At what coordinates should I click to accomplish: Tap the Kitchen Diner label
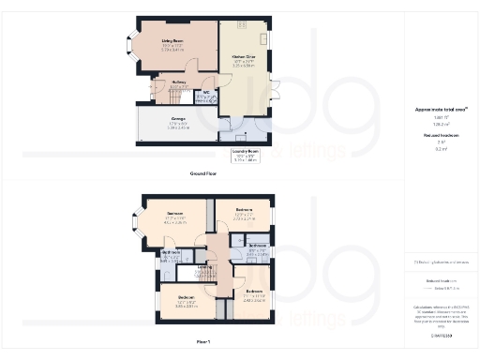point(246,56)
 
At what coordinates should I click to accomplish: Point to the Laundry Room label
point(247,155)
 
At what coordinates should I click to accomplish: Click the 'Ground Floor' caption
point(204,174)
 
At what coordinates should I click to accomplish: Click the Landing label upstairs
point(204,267)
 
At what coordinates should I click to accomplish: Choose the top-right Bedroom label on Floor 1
point(245,208)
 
